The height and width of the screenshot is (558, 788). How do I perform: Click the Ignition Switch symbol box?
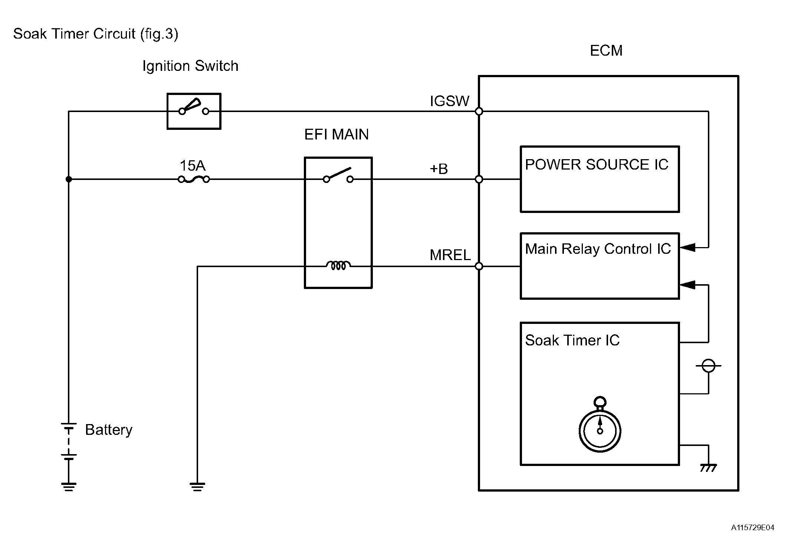click(x=194, y=111)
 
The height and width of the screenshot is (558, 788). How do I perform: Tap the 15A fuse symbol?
click(x=194, y=180)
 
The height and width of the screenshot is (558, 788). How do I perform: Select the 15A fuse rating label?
click(x=192, y=165)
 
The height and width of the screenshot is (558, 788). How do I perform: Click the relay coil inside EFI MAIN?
click(x=338, y=265)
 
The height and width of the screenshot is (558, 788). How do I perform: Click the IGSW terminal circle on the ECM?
click(x=479, y=111)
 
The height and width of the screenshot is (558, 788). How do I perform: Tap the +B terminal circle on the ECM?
click(x=479, y=180)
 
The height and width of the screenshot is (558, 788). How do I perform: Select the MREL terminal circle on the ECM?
click(x=479, y=266)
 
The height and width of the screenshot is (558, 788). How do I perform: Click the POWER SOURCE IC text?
click(x=596, y=164)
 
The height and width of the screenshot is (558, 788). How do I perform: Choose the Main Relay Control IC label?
click(x=598, y=249)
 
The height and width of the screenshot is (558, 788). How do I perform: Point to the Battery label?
click(x=109, y=430)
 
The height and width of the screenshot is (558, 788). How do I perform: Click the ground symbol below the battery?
click(x=69, y=486)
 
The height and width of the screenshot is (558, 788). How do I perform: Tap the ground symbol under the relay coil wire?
click(x=197, y=486)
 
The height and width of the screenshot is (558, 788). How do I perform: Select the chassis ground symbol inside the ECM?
click(x=708, y=468)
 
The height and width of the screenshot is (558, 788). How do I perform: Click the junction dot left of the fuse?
click(x=69, y=180)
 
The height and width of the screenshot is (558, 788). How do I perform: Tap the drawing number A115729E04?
click(x=752, y=528)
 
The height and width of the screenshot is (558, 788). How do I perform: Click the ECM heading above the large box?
click(x=606, y=51)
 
